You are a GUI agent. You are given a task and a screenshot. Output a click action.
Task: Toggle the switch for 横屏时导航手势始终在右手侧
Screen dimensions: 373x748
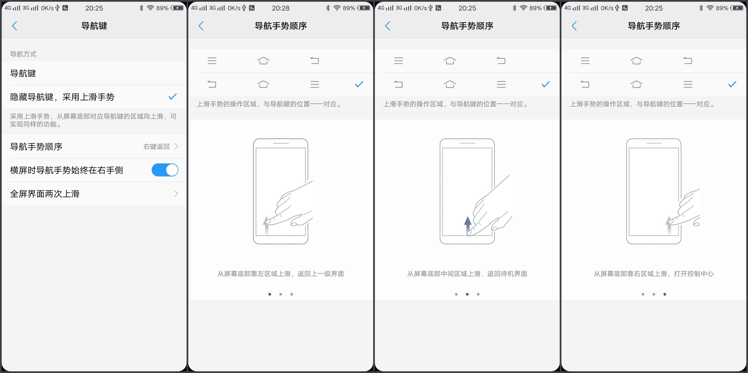coord(165,170)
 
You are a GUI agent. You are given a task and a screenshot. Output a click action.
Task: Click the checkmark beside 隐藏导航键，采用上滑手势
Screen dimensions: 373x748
coord(173,97)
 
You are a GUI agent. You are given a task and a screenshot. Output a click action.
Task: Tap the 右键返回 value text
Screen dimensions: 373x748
coord(156,147)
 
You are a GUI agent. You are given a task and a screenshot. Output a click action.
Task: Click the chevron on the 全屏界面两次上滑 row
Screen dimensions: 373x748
coord(176,194)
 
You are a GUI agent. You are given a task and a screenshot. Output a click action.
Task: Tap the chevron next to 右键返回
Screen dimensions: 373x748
coord(176,146)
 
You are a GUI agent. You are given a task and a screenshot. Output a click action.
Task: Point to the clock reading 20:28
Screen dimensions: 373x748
coord(281,8)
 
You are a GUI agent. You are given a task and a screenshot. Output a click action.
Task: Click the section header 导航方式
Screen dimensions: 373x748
coord(23,54)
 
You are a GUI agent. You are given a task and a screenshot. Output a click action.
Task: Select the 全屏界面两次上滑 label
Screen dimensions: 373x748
coord(45,194)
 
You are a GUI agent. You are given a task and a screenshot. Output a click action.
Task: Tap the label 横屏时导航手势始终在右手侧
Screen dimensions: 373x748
coord(67,170)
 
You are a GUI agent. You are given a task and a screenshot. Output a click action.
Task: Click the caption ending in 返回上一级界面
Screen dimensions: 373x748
coord(281,274)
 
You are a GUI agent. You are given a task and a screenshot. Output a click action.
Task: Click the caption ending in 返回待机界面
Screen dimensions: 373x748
coord(467,274)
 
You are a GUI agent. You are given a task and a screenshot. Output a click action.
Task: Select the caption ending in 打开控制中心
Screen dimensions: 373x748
coord(654,274)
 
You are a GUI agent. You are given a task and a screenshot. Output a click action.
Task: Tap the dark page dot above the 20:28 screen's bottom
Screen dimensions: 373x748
coord(270,294)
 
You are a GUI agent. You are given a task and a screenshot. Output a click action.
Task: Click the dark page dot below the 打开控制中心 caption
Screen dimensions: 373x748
coord(665,294)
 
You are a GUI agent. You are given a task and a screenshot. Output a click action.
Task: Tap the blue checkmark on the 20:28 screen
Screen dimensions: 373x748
coord(359,85)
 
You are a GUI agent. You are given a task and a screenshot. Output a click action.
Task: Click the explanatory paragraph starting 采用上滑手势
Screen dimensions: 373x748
coord(93,120)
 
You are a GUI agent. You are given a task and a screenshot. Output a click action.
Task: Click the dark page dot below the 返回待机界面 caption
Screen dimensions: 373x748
coord(467,294)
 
